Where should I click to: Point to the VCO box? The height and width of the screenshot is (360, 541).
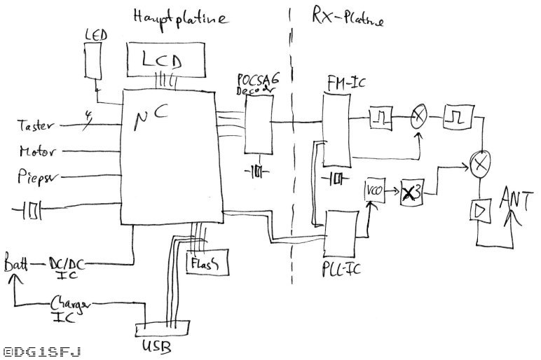click(x=371, y=190)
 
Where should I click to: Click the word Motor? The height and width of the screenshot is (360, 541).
click(x=38, y=151)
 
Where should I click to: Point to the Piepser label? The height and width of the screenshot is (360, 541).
click(x=36, y=177)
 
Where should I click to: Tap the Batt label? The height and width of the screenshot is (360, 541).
click(x=15, y=264)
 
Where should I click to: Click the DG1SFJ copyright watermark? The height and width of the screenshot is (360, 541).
click(x=42, y=351)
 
